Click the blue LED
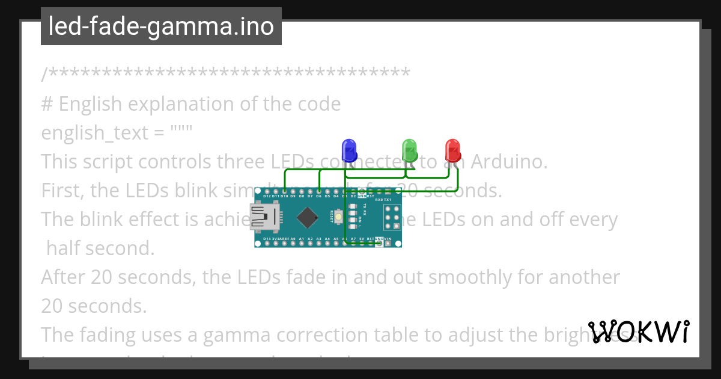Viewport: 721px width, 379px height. [348, 149]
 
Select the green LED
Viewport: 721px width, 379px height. [409, 149]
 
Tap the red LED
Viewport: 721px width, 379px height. [452, 149]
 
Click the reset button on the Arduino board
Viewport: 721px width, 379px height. [339, 217]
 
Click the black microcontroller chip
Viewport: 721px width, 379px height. [308, 217]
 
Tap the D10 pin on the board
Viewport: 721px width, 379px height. [284, 191]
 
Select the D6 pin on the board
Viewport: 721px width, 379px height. [318, 191]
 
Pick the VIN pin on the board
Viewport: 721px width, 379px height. [388, 243]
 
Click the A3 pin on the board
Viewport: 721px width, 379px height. [318, 243]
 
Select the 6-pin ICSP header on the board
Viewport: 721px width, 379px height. [392, 217]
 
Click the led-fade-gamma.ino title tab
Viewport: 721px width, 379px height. [161, 26]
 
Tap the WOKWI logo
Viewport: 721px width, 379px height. [639, 332]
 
